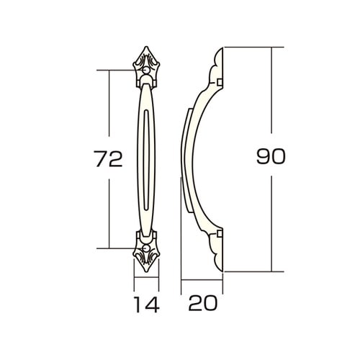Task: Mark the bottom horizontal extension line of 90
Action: point(248,271)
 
